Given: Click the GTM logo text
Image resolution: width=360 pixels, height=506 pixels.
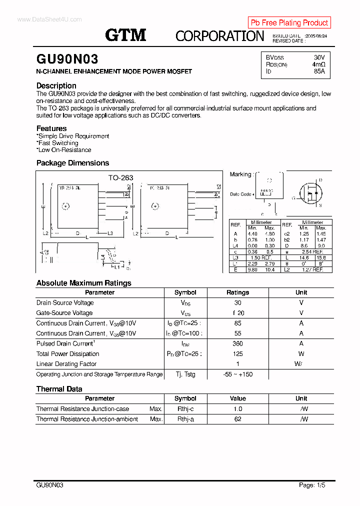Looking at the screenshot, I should click(x=125, y=35).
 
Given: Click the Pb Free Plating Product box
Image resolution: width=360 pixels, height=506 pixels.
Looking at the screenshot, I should click(x=289, y=22).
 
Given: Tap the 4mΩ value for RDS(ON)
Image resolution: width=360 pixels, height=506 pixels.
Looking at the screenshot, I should click(x=318, y=64).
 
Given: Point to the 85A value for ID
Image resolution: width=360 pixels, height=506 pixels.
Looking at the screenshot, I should click(x=319, y=71).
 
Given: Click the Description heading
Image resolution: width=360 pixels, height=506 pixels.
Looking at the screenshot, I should click(x=56, y=85).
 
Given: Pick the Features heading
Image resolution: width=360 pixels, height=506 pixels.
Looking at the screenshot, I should click(x=51, y=128).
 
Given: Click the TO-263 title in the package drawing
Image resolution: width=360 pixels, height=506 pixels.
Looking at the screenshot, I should click(x=121, y=177).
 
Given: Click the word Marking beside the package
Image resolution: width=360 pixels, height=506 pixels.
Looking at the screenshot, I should click(x=240, y=174).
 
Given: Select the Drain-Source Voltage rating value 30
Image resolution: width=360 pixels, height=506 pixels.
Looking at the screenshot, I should click(x=237, y=303).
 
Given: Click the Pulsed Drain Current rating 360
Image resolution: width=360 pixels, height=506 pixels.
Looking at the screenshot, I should click(x=237, y=343).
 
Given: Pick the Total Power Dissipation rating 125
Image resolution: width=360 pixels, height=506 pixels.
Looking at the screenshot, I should click(x=237, y=354).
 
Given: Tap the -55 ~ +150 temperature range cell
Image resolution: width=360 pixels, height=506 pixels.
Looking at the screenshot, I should click(x=237, y=374).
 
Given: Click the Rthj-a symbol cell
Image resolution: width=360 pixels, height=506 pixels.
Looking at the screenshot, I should click(x=185, y=419).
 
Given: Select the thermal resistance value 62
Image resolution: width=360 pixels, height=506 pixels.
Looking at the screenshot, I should click(x=237, y=419).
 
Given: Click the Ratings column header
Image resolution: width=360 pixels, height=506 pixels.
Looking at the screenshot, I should click(x=237, y=292).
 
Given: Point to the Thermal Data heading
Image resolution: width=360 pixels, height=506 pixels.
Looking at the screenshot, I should click(x=59, y=389).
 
